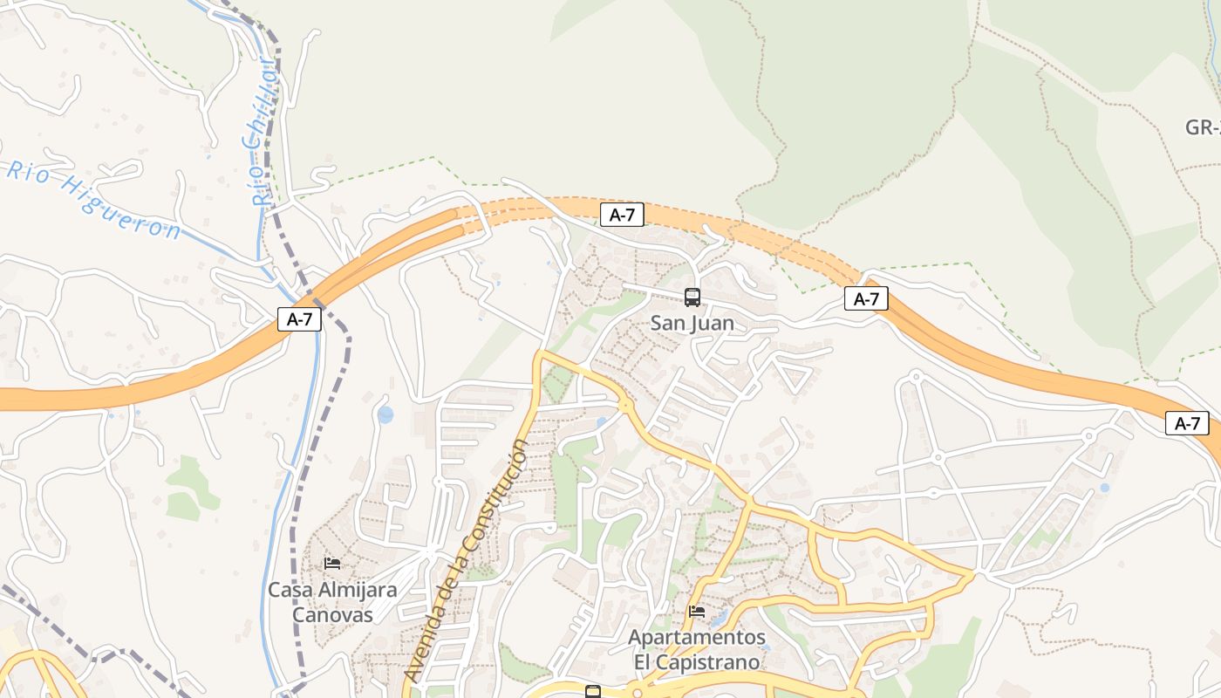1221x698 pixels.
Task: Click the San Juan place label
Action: [x=692, y=324]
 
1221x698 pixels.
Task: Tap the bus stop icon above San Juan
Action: [x=692, y=298]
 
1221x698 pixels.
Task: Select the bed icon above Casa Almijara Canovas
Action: [x=332, y=564]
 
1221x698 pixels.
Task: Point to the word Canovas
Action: [x=332, y=614]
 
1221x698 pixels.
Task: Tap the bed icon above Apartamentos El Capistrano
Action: [x=697, y=612]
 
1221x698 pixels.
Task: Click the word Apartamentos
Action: [x=697, y=638]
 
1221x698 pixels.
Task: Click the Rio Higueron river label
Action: [x=92, y=200]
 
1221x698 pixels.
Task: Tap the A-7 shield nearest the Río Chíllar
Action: [x=299, y=319]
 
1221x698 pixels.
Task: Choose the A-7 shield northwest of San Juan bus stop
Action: [x=622, y=216]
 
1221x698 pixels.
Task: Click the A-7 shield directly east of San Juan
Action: [x=866, y=299]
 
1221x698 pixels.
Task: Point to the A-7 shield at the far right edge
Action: [x=1187, y=424]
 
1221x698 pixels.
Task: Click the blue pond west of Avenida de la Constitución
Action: [x=385, y=414]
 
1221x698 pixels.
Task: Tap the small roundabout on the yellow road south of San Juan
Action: [x=624, y=406]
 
